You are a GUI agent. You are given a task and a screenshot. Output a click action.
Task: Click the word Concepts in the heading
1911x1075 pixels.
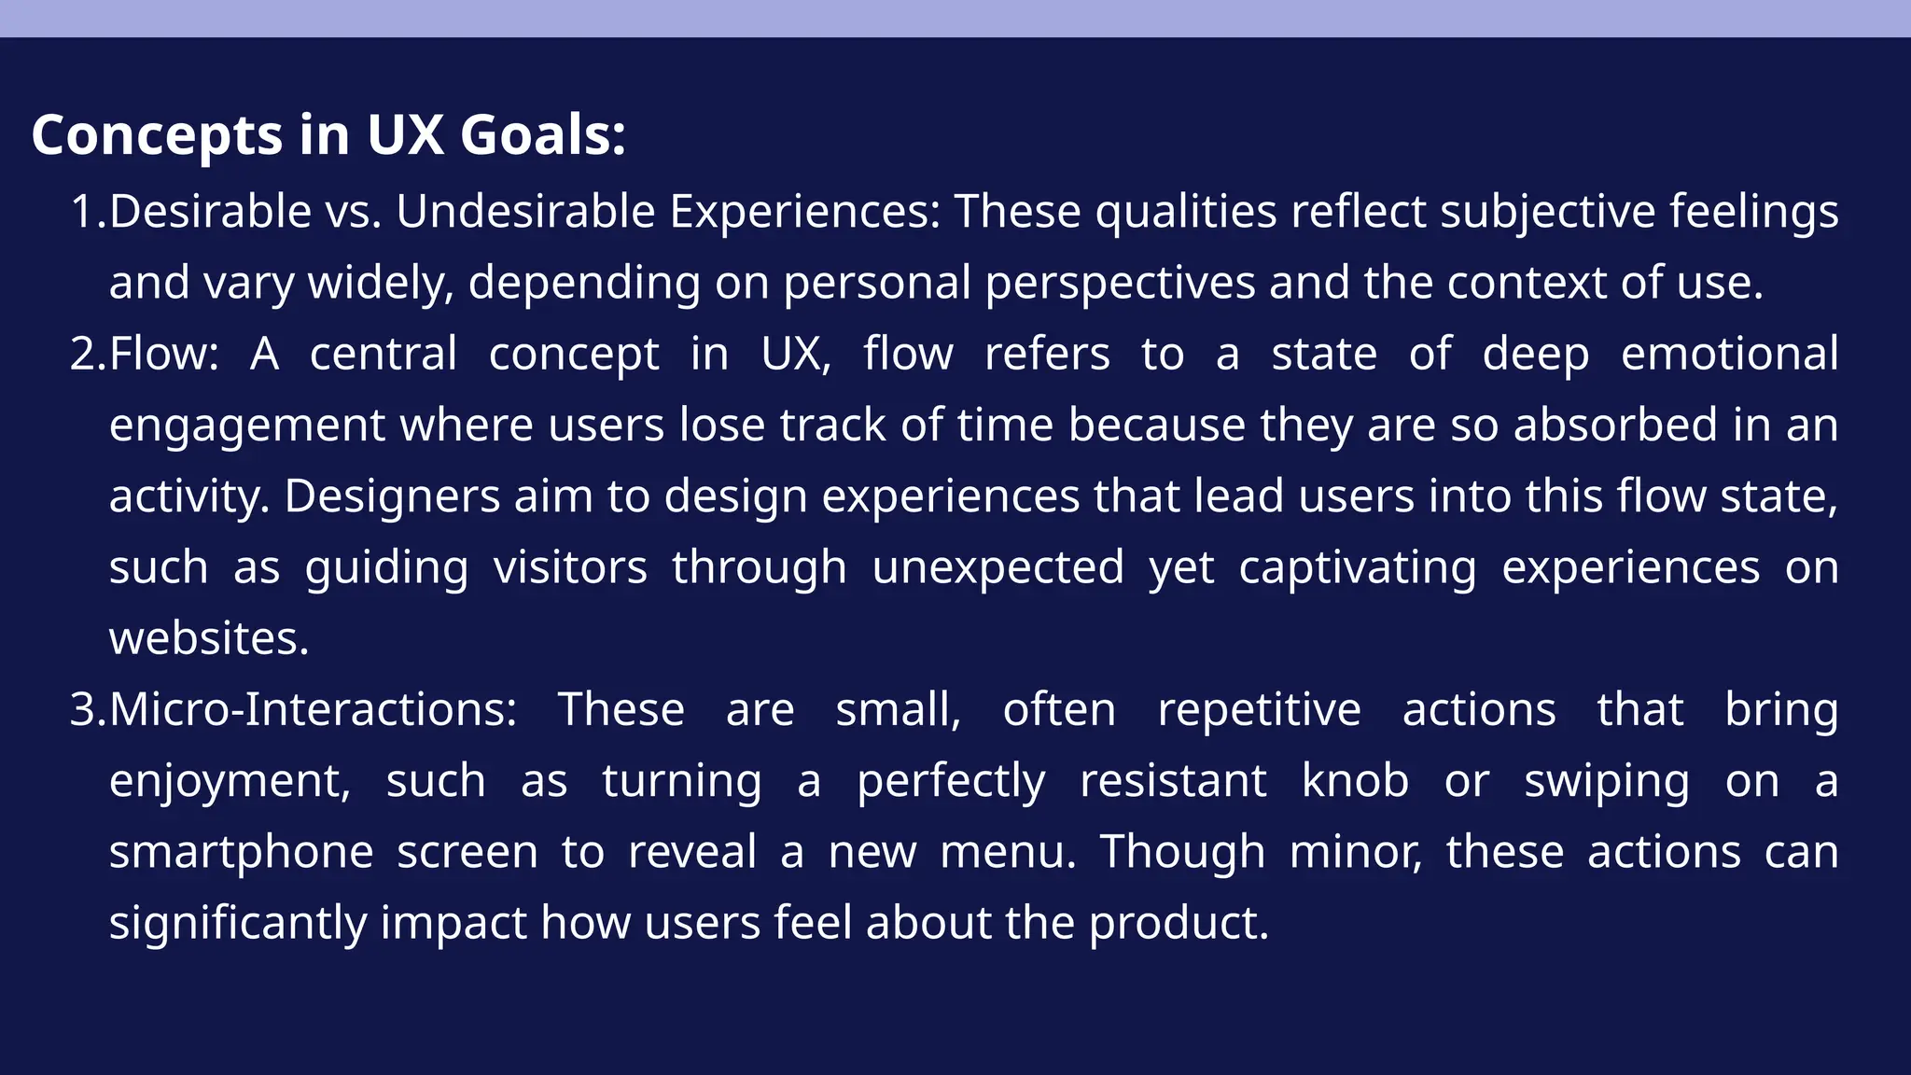[156, 135]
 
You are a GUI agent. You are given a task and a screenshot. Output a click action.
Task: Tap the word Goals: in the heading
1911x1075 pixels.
[542, 135]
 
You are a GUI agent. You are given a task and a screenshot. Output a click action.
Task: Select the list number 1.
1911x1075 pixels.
[88, 212]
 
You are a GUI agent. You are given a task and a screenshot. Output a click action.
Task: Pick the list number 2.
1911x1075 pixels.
[88, 355]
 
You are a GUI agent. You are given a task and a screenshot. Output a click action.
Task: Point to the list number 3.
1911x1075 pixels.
[88, 710]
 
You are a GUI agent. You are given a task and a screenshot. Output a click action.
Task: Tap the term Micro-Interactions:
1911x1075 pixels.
[313, 710]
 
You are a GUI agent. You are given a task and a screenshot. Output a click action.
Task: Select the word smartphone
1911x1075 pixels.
[241, 853]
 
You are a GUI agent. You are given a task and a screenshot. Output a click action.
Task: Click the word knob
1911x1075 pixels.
[1355, 781]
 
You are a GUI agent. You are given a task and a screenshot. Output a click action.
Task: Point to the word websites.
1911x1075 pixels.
[208, 639]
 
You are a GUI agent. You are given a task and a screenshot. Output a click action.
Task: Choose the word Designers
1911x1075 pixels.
[392, 496]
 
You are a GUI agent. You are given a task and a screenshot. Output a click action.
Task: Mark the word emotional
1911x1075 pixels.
[1729, 355]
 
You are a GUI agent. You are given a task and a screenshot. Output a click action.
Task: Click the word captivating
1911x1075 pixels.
[1358, 568]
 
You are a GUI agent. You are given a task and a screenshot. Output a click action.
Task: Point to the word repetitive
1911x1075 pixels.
[1259, 710]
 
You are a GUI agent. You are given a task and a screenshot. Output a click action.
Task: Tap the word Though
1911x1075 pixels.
[1182, 853]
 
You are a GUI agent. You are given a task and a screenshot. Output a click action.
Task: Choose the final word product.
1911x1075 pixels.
[1179, 924]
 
